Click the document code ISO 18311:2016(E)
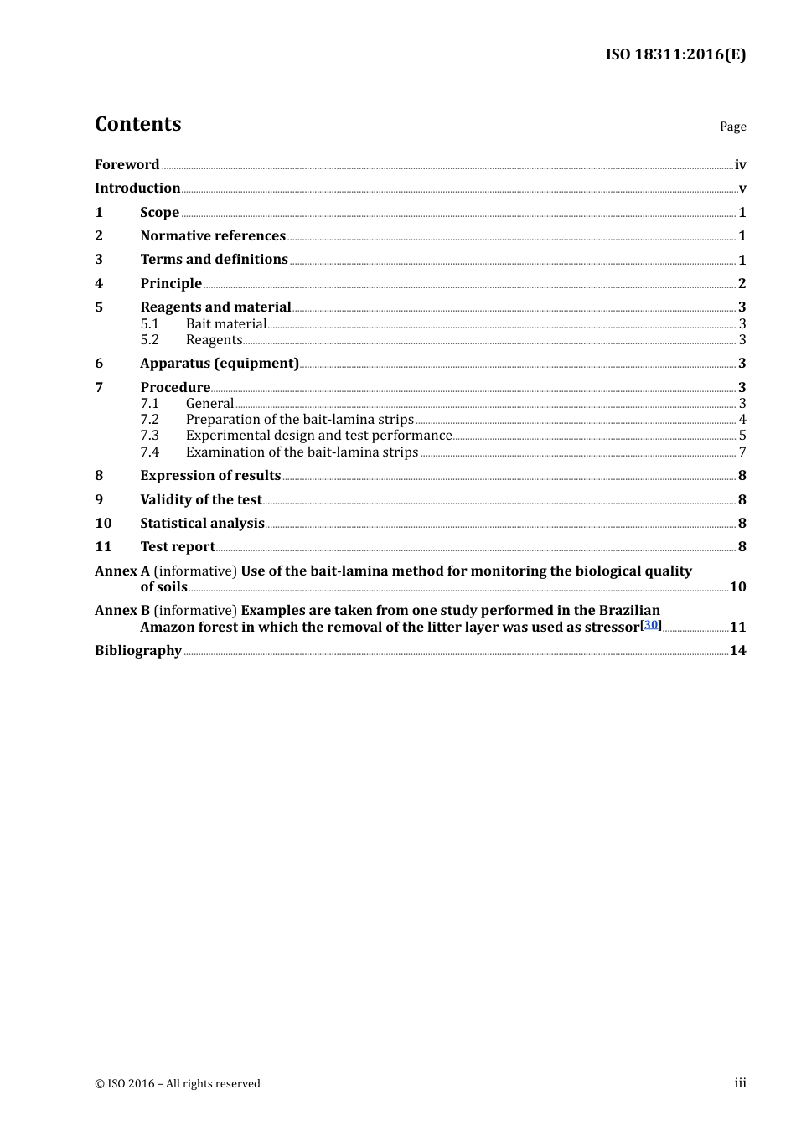pos(675,55)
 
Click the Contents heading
pos(138,124)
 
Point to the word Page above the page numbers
pos(732,127)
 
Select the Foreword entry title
pos(127,165)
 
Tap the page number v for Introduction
pos(742,189)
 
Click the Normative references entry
pos(213,236)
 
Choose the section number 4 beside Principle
pos(99,284)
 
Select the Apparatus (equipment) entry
pos(220,364)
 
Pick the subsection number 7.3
pos(149,436)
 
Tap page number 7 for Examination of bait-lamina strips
pos(742,452)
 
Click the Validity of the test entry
pos(201,500)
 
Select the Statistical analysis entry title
pos(202,524)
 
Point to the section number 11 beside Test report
pos(103,547)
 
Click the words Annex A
pos(121,571)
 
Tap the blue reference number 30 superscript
pos(651,624)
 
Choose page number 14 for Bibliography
pos(737,651)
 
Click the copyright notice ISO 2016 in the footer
pos(177,1084)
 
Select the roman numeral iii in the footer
pos(740,1083)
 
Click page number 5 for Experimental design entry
pos(742,436)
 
